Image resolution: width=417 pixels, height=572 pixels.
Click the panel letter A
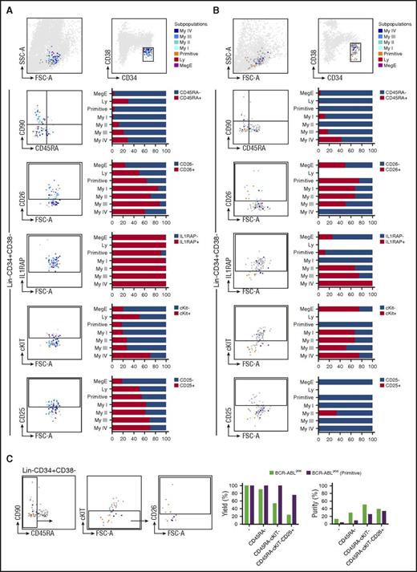point(5,5)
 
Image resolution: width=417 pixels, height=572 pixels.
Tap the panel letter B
point(216,5)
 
